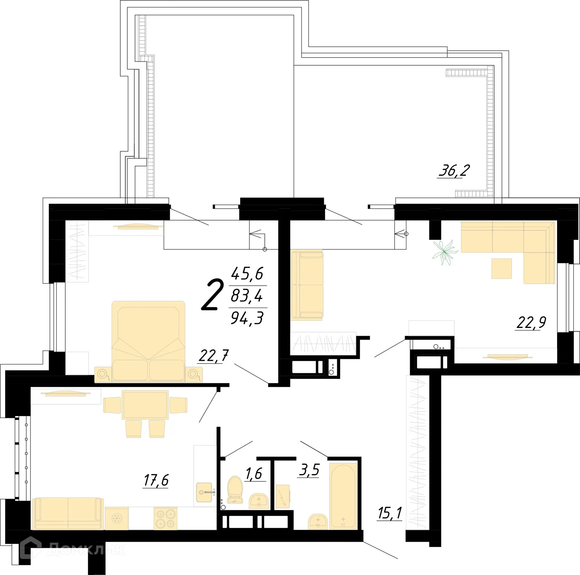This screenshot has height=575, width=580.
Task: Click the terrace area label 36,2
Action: tap(454, 171)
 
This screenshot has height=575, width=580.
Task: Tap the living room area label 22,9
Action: tap(531, 323)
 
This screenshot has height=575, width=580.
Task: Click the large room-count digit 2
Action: tap(213, 295)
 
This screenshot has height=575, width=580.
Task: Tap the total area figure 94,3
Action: tap(247, 318)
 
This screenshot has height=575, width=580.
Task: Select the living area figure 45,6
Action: tap(247, 274)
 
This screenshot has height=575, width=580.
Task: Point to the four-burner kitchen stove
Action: tap(166, 518)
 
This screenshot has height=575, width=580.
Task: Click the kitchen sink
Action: tap(205, 492)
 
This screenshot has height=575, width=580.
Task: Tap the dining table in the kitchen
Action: tap(145, 404)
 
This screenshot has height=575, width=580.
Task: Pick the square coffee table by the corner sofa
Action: tap(501, 268)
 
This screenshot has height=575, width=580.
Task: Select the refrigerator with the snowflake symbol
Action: tap(116, 518)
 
